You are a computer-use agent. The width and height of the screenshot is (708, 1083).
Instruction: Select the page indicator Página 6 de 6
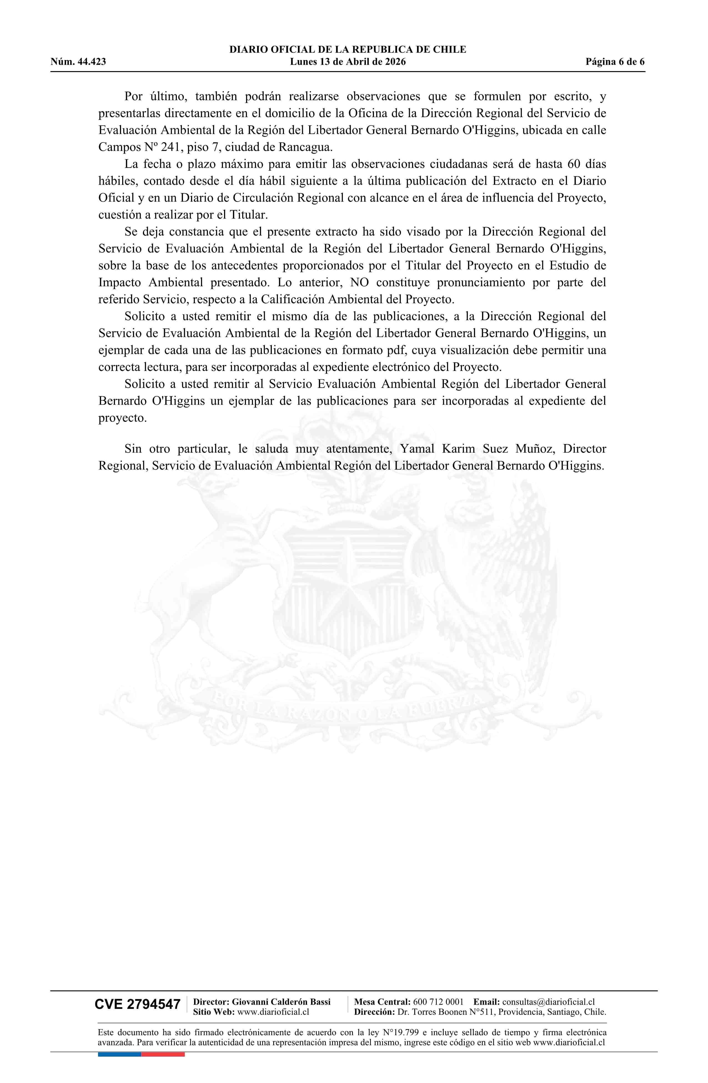[x=615, y=62]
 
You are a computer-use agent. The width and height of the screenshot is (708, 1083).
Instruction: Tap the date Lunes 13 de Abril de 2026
[x=348, y=62]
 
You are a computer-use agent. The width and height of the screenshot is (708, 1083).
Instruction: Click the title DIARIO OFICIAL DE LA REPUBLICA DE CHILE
[x=348, y=50]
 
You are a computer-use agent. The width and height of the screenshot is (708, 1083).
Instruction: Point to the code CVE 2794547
[x=137, y=1004]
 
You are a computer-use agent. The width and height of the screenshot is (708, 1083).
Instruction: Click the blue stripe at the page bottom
[x=119, y=1054]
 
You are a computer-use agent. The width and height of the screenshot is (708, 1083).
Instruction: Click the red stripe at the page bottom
[x=163, y=1054]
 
